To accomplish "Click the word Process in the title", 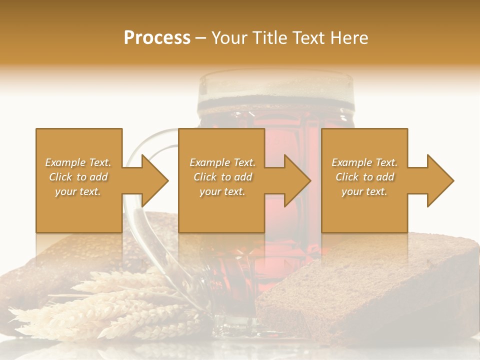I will (157, 38).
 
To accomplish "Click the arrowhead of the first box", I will (155, 180).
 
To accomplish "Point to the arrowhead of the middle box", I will (297, 180).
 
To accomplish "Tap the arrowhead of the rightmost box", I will (440, 180).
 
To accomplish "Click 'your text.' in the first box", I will (78, 191).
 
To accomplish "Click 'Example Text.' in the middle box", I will (222, 162).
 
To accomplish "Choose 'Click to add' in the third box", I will (364, 177).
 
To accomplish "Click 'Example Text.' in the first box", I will (78, 162).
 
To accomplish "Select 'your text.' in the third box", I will (364, 191).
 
